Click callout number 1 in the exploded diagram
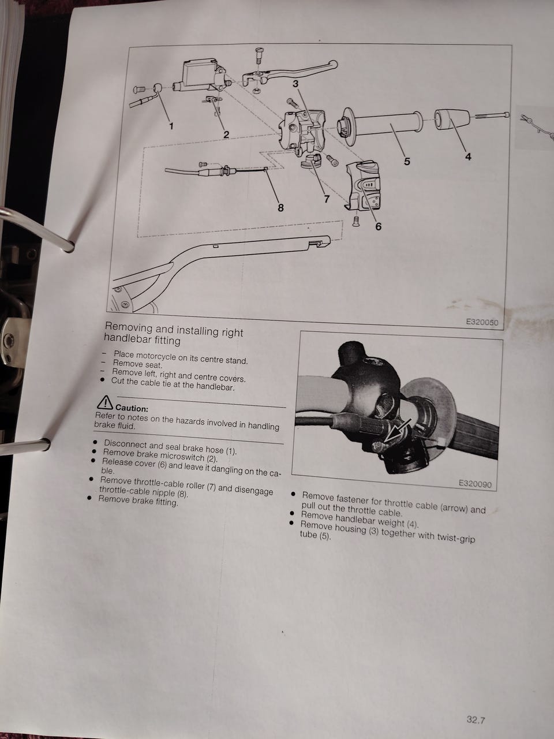(171, 126)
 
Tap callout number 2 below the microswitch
(226, 135)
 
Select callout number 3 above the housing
(295, 84)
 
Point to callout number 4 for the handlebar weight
(468, 156)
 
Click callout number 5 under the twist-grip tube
(407, 162)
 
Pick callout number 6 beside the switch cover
(379, 226)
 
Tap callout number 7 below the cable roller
(327, 199)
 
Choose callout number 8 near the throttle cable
(281, 208)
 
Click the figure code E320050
(482, 322)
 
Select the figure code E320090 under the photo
(476, 484)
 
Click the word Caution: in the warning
(132, 408)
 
